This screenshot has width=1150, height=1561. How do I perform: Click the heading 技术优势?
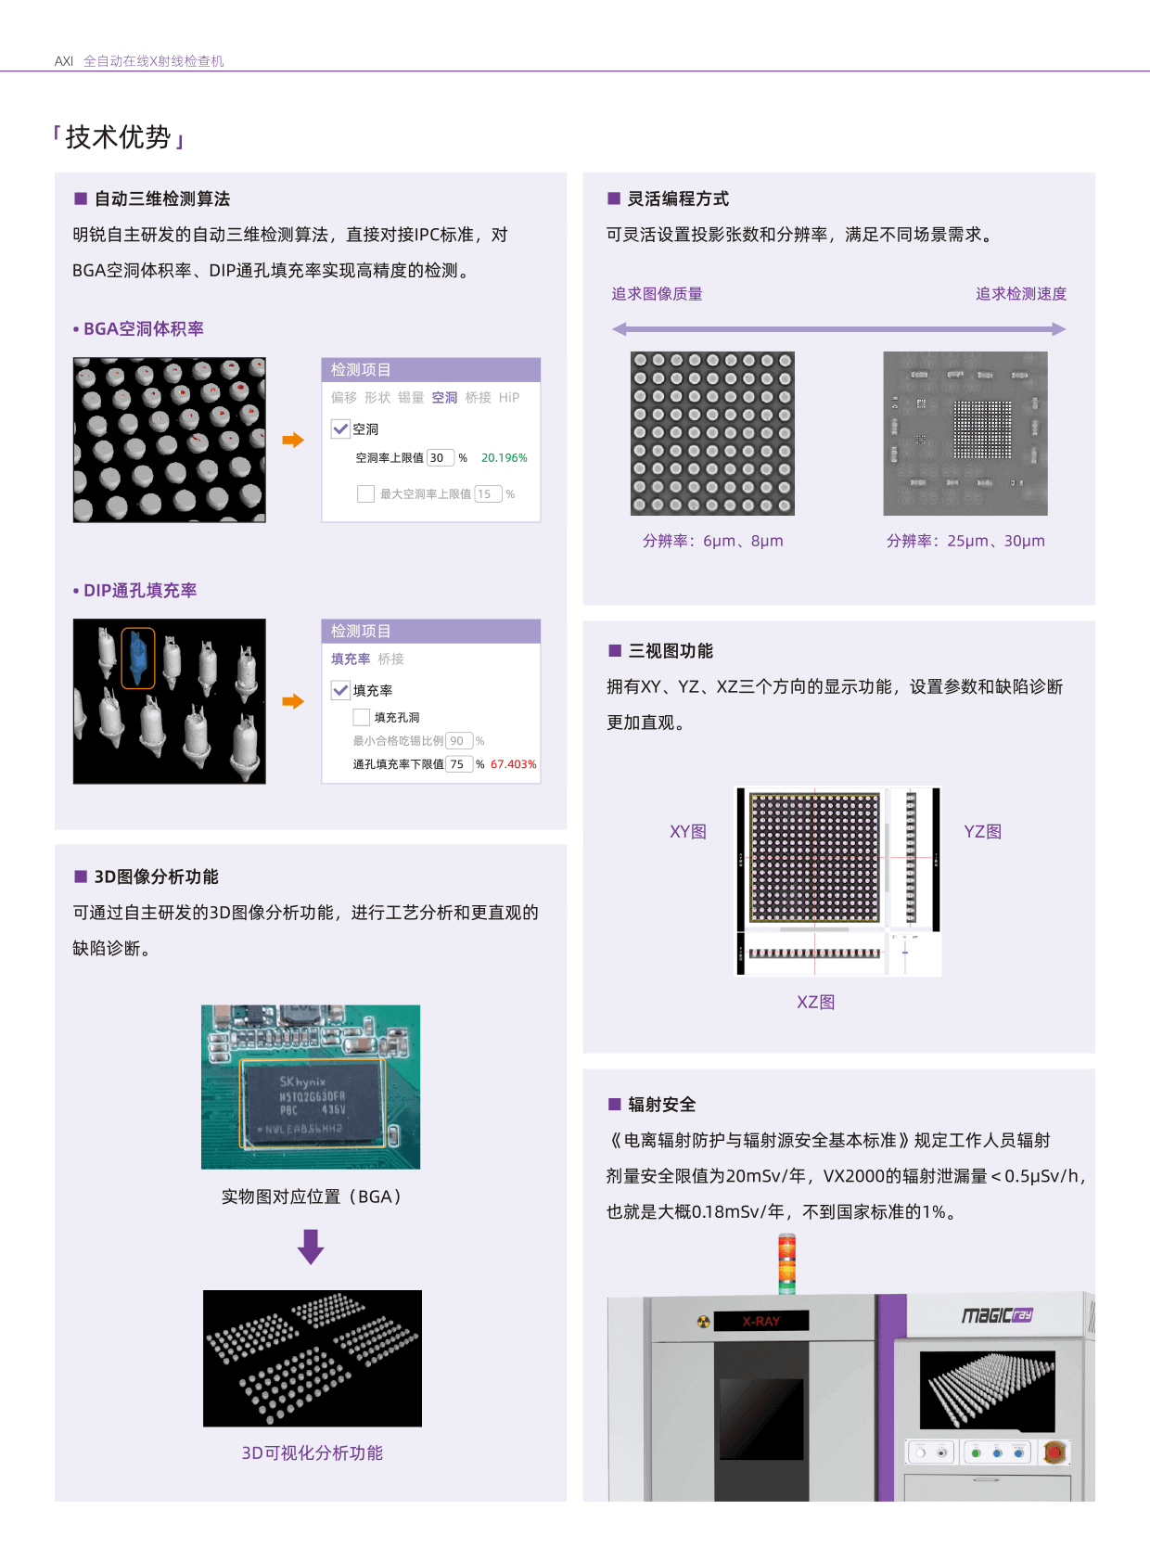(x=119, y=137)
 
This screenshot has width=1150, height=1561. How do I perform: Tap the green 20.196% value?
(x=504, y=458)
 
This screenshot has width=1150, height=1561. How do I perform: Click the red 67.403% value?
(x=513, y=764)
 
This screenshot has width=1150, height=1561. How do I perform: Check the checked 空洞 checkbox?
(x=341, y=429)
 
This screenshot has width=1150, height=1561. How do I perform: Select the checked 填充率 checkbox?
(x=341, y=690)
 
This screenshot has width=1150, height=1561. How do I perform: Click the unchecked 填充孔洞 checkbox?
(x=362, y=717)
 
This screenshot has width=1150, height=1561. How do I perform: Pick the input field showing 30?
(x=440, y=458)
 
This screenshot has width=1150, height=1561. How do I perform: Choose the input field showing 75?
(x=458, y=764)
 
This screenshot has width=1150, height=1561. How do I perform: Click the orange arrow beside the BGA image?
(x=293, y=441)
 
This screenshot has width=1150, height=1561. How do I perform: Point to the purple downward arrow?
(x=311, y=1247)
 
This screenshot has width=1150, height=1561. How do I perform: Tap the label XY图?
(x=688, y=832)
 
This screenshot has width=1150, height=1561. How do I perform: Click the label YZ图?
(x=983, y=832)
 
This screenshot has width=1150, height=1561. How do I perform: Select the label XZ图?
(x=816, y=1003)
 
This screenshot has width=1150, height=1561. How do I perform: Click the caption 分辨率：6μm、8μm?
(x=712, y=541)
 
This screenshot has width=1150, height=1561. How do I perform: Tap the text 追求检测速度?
(x=1021, y=294)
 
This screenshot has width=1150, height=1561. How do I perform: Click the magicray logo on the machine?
(x=997, y=1315)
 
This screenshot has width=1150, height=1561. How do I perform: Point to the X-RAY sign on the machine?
(x=761, y=1321)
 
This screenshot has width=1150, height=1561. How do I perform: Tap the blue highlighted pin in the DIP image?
(x=138, y=658)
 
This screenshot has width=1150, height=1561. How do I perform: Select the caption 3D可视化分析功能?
(x=313, y=1453)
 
